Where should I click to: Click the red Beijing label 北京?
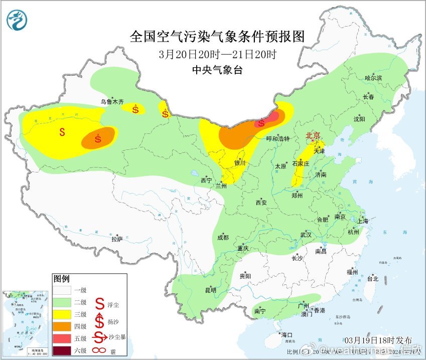313,135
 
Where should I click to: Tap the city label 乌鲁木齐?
111,102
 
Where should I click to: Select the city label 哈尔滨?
373,78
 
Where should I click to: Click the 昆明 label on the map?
210,290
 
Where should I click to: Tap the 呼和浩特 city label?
277,138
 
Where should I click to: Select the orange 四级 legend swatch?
64,326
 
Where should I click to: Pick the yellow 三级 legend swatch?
64,314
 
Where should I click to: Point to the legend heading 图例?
61,278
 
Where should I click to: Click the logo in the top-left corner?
18,20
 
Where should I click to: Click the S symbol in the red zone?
261,123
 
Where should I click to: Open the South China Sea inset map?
26,323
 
